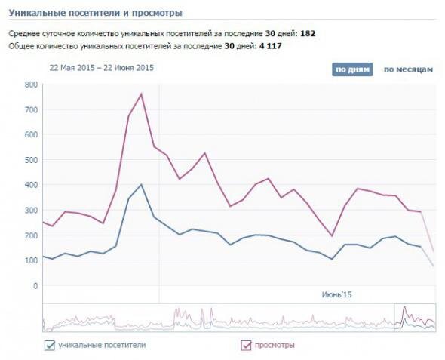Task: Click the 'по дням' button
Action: pos(352,69)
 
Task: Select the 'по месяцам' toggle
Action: pos(408,69)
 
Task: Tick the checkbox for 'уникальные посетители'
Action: pos(49,345)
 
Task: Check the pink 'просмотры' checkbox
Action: pos(246,345)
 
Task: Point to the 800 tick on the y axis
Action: pos(31,85)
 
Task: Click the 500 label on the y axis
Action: pos(31,160)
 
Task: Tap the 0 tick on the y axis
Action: pos(35,285)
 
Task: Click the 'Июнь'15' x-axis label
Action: pos(336,294)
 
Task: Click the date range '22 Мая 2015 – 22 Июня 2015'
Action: pos(101,68)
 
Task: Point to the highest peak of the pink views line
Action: pos(141,94)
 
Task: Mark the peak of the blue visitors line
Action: pos(141,185)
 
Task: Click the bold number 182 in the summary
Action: pos(308,33)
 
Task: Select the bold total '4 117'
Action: pos(270,46)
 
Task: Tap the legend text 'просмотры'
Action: pos(275,345)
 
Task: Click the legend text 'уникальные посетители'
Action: pos(102,345)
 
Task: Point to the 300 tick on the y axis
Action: pos(31,211)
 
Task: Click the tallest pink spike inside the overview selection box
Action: pos(404,306)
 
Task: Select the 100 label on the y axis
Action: pos(31,260)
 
